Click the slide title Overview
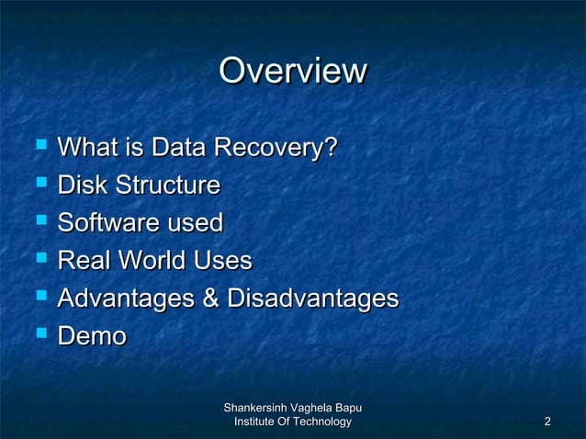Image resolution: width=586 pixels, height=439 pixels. (x=293, y=71)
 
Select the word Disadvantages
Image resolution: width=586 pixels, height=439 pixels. (x=312, y=298)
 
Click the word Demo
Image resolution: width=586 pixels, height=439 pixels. (x=91, y=337)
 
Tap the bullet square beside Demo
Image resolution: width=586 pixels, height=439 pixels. (x=39, y=336)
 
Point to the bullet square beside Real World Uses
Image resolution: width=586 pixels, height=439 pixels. (x=39, y=260)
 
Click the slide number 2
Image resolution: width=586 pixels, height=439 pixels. (x=547, y=422)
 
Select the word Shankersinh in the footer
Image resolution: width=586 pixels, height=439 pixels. (x=256, y=407)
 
